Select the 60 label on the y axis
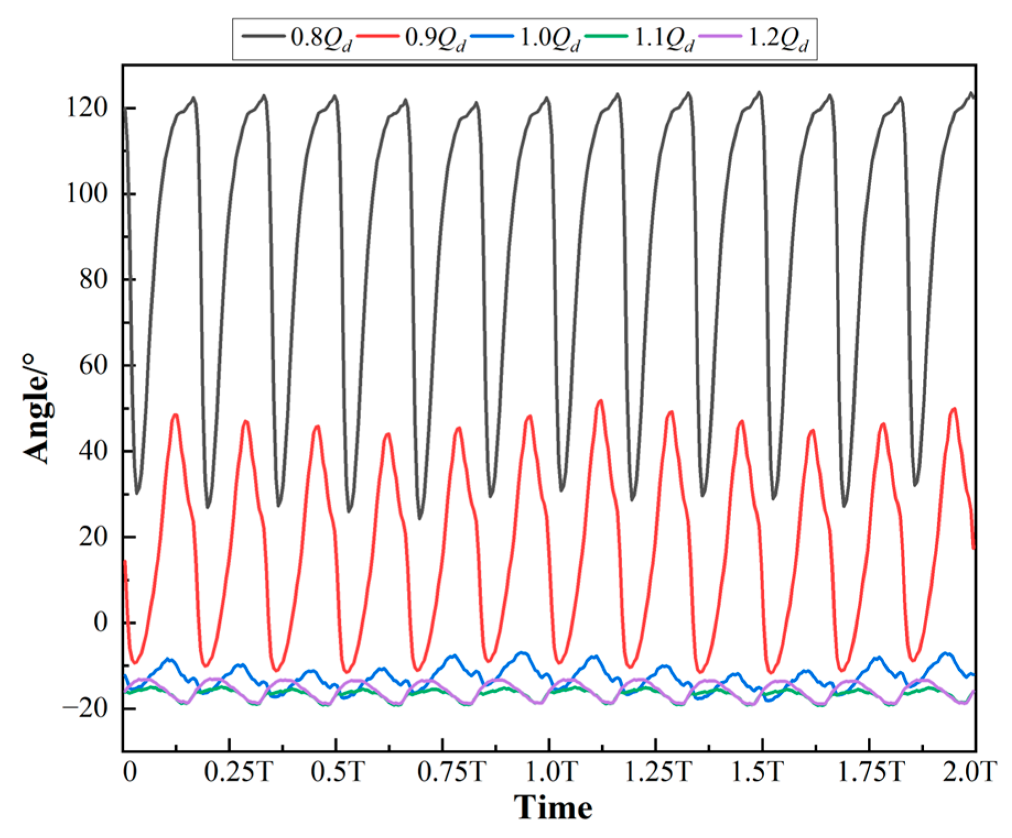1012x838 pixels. [93, 365]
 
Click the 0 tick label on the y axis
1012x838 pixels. [100, 622]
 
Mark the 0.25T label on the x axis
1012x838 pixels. [238, 772]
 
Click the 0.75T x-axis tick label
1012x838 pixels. [451, 772]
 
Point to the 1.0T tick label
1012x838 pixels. [551, 772]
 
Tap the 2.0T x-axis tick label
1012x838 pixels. [969, 772]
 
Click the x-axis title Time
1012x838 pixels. [553, 808]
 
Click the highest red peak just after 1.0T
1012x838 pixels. [600, 401]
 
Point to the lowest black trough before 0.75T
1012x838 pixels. [420, 518]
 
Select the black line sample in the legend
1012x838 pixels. [263, 36]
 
